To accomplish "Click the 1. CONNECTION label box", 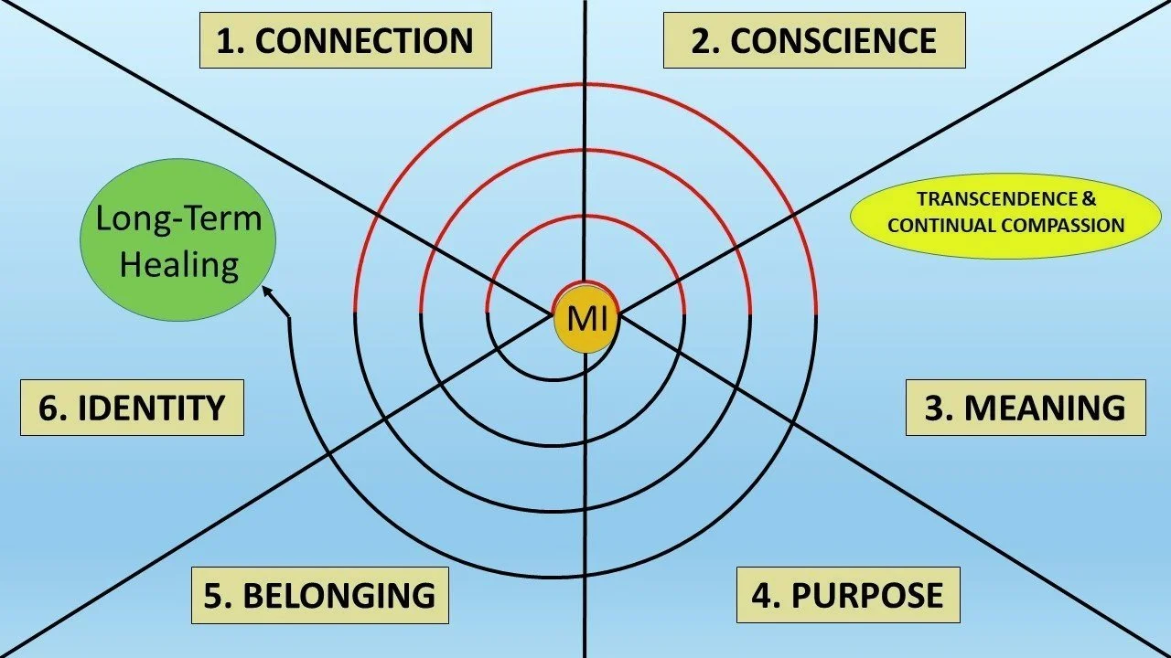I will pos(345,40).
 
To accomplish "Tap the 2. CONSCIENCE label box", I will pos(813,40).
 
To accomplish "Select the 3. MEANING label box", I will pos(1025,408).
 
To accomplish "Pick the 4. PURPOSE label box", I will pos(847,595).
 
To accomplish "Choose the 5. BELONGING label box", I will pos(319,595).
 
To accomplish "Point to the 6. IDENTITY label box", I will pos(132,408).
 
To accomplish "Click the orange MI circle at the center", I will pos(585,317).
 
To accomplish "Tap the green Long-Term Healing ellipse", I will pos(179,242).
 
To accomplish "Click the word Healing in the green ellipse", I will pos(179,265).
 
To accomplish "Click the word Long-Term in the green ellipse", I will pos(179,219).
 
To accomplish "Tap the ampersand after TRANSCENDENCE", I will pos(1089,199).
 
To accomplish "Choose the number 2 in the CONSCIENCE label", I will pos(700,41).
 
